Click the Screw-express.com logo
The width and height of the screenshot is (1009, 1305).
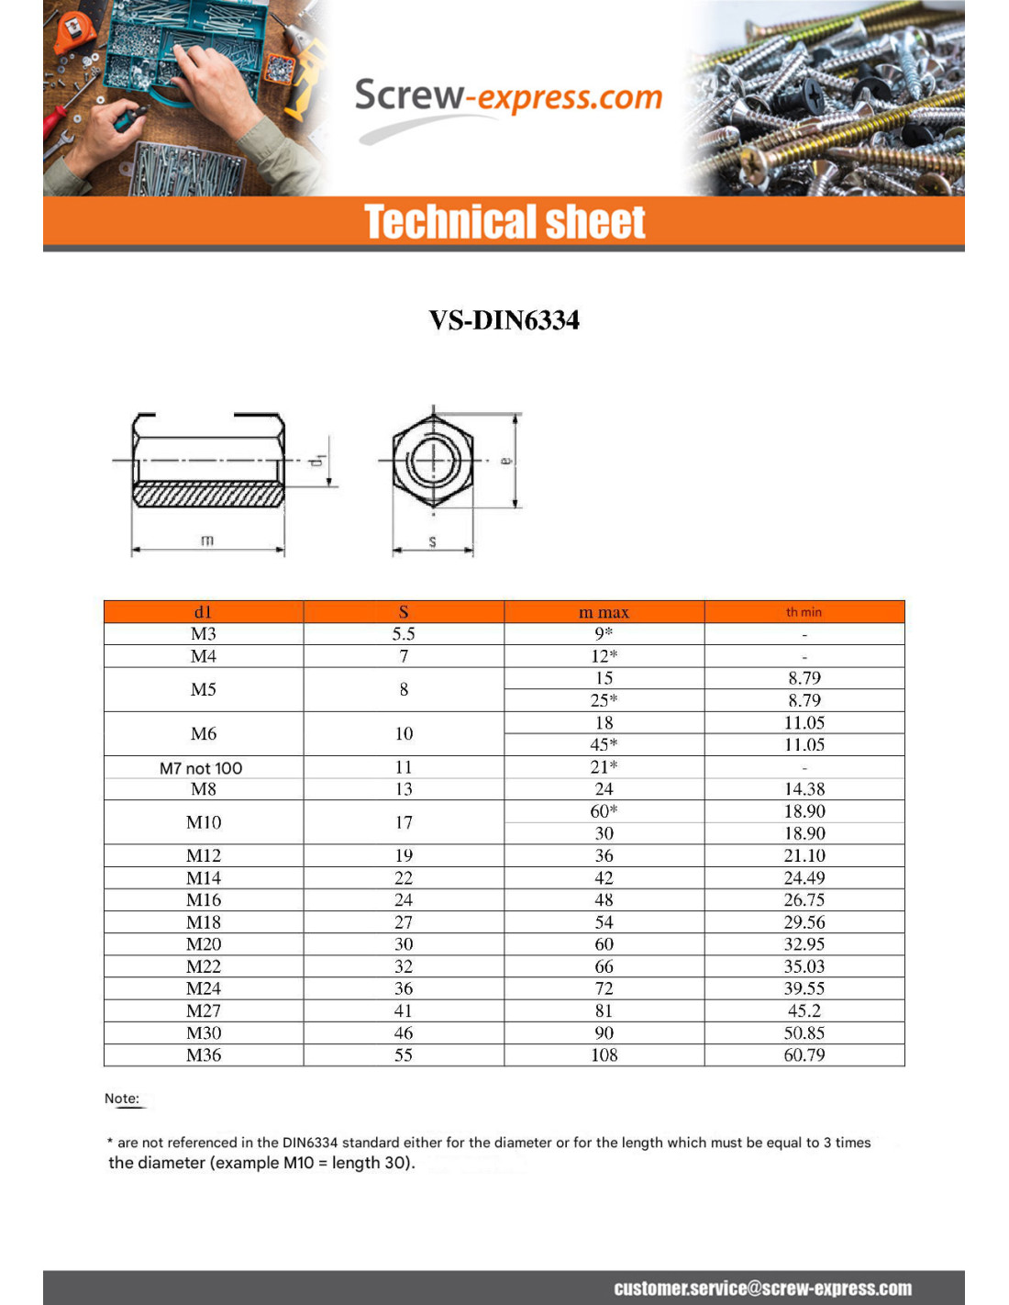point(508,96)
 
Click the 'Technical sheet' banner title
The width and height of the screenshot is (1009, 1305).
point(504,222)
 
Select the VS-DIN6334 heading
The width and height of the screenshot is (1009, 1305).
point(504,320)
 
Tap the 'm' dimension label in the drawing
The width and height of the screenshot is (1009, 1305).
point(207,540)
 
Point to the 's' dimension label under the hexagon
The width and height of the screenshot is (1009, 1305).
point(433,541)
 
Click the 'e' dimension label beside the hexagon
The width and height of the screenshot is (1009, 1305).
point(505,461)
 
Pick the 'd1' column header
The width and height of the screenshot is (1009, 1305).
point(203,612)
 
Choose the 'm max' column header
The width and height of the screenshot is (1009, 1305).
point(604,612)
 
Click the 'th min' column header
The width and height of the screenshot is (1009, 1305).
point(804,612)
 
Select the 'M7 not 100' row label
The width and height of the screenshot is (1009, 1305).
point(201,768)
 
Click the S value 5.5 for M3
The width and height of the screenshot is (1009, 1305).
point(404,634)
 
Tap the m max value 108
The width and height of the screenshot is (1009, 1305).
point(604,1055)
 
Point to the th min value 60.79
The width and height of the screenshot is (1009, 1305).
point(804,1055)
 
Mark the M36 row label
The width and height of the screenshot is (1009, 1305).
point(204,1055)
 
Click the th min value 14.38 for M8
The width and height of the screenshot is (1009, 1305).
point(804,789)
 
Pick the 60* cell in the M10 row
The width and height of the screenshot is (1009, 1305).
point(604,811)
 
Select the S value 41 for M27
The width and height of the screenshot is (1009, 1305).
point(404,1010)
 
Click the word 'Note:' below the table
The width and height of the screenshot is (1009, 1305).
point(122,1099)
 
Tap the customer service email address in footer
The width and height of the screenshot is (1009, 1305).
point(762,1288)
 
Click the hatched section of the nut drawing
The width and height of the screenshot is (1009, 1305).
point(209,496)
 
